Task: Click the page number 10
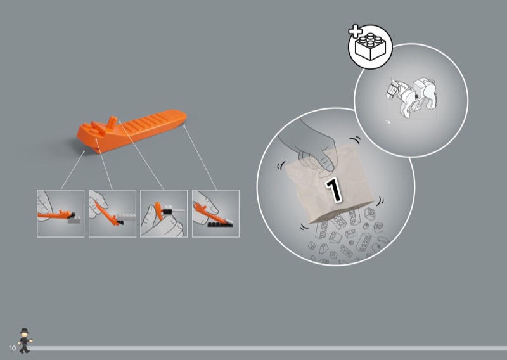tap(13, 348)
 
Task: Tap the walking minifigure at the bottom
tap(25, 341)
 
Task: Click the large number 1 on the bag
tap(333, 190)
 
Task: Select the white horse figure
tap(412, 97)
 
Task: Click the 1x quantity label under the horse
tap(388, 122)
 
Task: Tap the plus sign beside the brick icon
tap(356, 31)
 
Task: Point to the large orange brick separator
tap(132, 131)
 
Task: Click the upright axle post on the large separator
tap(112, 122)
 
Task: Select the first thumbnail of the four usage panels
tap(60, 214)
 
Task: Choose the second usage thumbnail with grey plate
tap(112, 214)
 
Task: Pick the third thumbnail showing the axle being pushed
tap(164, 214)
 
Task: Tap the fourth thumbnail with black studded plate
tap(215, 214)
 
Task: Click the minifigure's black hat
tap(24, 331)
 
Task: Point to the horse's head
tap(392, 88)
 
